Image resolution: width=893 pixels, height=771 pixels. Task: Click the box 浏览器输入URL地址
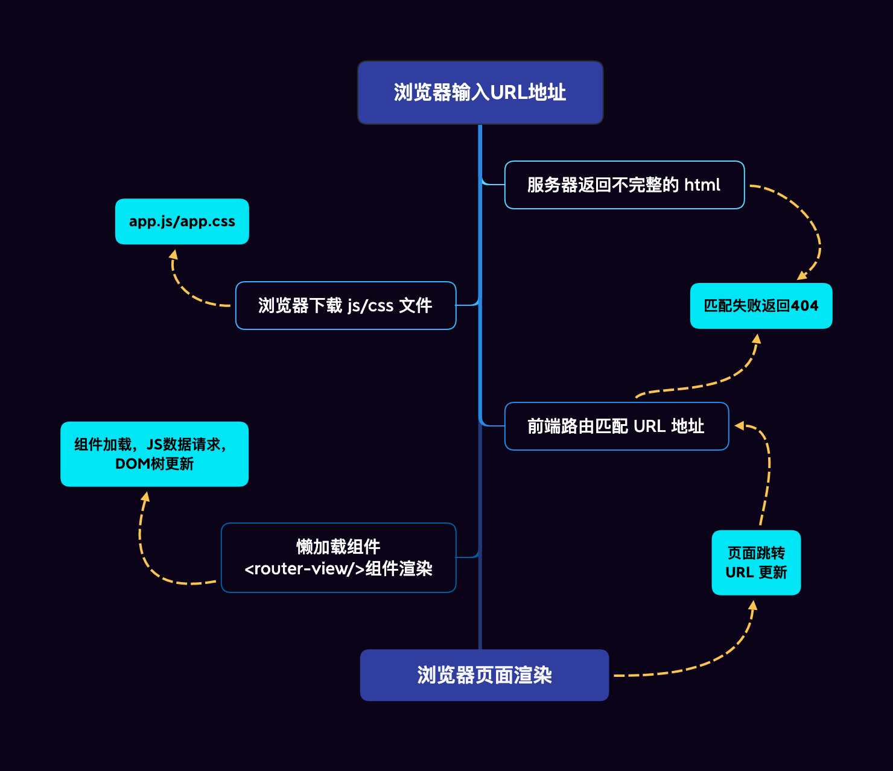point(480,93)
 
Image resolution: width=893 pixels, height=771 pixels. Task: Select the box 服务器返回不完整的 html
point(624,185)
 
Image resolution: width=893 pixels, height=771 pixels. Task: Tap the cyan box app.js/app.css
point(182,221)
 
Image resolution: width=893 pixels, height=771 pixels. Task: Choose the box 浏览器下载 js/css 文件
point(345,306)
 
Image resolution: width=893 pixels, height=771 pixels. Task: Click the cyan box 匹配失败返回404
point(761,306)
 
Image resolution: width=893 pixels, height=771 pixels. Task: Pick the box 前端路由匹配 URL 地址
point(616,427)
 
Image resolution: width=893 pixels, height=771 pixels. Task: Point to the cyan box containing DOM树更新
point(154,454)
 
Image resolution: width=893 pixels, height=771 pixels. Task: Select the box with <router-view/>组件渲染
point(338,558)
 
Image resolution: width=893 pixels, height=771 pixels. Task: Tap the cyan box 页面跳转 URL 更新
point(756,563)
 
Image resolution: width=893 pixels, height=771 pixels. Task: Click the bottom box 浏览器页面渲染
point(484,675)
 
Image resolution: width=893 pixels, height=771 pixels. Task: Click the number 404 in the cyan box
point(805,306)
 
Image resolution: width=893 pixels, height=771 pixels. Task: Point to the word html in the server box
point(702,185)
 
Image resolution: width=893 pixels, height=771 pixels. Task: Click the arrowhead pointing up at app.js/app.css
point(173,255)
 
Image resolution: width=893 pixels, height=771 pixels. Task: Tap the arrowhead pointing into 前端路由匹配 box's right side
point(739,426)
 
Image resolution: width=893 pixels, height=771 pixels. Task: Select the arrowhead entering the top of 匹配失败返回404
point(802,276)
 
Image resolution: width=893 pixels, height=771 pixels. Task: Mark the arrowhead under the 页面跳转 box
point(753,605)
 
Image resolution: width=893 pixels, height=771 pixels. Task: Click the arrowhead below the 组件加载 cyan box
point(145,497)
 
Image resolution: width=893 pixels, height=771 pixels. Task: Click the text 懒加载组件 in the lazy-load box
point(338,547)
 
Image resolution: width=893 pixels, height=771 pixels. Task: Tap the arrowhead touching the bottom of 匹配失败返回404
point(757,338)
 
